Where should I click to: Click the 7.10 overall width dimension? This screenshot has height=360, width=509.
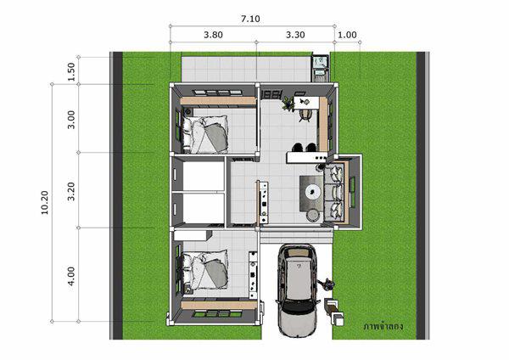(250, 19)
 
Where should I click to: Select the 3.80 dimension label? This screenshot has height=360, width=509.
(213, 35)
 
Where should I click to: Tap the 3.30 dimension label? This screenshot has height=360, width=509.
(295, 35)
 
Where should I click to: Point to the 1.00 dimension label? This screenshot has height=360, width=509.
(347, 35)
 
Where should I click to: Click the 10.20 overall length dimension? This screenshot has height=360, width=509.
(44, 203)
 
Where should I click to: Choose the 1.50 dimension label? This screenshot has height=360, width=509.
(71, 72)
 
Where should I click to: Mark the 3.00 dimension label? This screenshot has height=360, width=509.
(71, 120)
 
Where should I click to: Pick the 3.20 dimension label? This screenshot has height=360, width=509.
(71, 191)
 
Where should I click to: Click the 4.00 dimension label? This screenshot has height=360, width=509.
(71, 276)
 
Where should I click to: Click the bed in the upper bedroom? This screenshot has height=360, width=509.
(205, 134)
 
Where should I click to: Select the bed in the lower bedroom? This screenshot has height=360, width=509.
(205, 270)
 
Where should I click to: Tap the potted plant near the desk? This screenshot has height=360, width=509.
(288, 104)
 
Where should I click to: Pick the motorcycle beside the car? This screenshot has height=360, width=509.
(327, 284)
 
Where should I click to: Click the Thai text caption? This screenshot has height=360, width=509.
(383, 326)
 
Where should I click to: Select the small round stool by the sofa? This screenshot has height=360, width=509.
(313, 215)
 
